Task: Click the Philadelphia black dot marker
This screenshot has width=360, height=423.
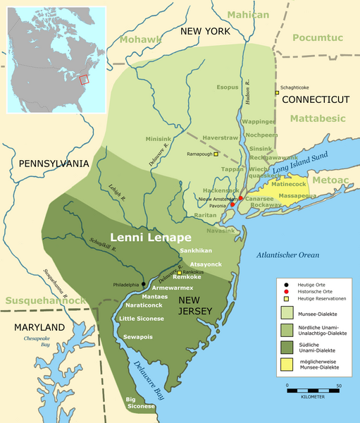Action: point(144,284)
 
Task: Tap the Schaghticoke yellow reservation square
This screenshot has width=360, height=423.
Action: point(278,93)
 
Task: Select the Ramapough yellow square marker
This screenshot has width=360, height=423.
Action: point(216,154)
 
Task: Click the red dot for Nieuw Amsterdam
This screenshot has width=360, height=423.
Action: point(240,199)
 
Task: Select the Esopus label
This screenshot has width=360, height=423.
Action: point(227,88)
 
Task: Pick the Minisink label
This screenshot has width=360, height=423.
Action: point(160,139)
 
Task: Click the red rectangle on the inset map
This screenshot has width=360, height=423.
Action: point(84,80)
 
